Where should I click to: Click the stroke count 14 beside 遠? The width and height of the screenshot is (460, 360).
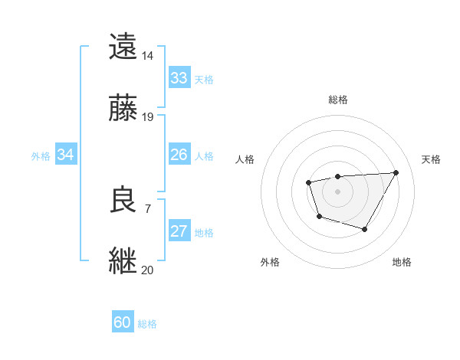[x=147, y=56]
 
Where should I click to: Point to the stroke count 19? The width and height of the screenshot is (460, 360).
[x=147, y=117]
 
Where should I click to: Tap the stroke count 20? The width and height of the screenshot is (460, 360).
[x=147, y=270]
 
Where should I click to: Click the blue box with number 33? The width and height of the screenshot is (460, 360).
[x=179, y=78]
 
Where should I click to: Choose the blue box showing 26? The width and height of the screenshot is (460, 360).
[x=179, y=155]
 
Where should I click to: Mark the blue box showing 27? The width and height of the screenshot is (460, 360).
[x=179, y=231]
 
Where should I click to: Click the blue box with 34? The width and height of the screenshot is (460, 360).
[x=66, y=155]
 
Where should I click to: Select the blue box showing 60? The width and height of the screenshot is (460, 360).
[x=122, y=323]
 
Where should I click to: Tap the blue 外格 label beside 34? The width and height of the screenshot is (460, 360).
[x=41, y=156]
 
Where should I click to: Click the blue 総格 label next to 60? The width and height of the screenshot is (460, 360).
[x=147, y=324]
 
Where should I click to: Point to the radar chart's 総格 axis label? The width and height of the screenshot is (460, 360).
[x=337, y=100]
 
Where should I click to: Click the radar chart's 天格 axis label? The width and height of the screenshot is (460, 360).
[x=431, y=159]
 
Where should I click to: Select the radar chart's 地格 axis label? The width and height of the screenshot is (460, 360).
[x=402, y=262]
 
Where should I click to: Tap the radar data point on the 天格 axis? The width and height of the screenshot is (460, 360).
[x=396, y=172]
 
